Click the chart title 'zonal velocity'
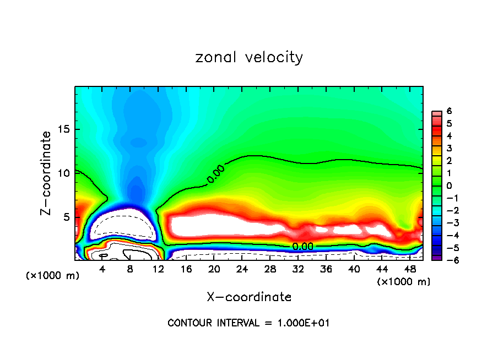tap(249, 58)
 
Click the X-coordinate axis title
tap(249, 297)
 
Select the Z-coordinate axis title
tap(47, 172)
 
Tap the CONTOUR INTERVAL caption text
tap(248, 323)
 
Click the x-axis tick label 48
tap(409, 269)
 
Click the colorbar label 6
tap(449, 111)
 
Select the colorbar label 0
tap(449, 186)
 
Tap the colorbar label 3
tap(449, 148)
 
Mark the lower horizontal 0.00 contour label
tap(302, 247)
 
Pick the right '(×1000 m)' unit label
tap(403, 282)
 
